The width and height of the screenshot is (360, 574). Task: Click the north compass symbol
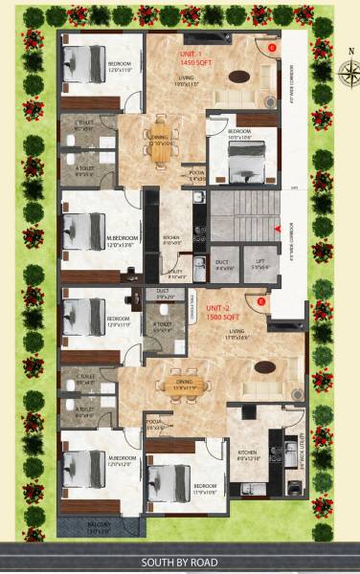point(347,69)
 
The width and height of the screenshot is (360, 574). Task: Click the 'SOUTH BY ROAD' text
point(179,563)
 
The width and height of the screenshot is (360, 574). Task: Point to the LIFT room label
point(256,265)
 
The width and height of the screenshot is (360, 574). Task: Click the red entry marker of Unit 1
point(273,46)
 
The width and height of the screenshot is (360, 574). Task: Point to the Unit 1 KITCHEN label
point(172,239)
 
